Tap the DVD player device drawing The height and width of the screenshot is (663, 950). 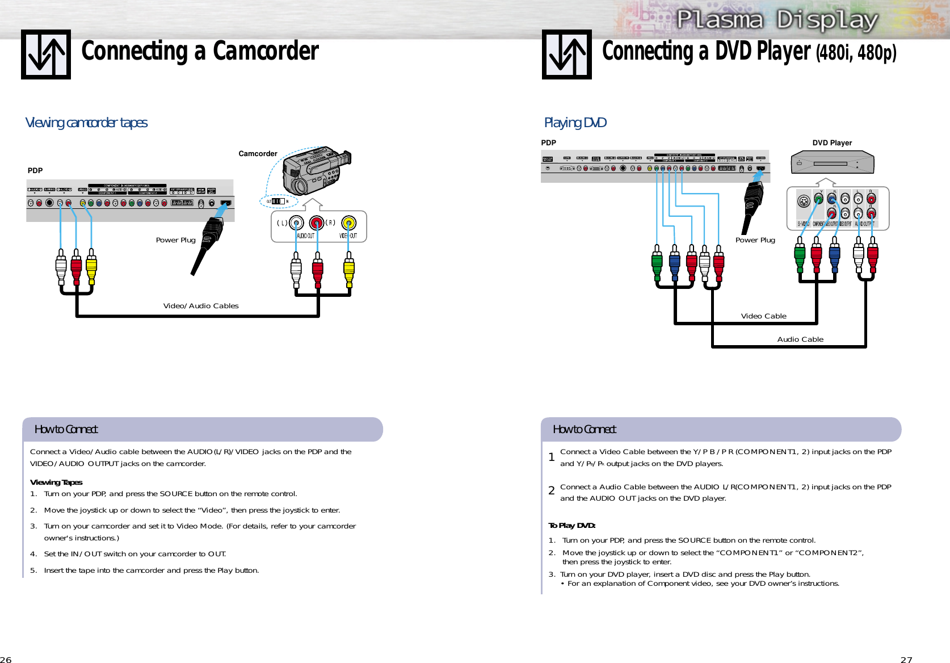(x=833, y=162)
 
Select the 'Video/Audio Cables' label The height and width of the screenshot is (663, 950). (x=201, y=306)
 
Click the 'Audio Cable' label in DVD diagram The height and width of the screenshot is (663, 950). (x=800, y=339)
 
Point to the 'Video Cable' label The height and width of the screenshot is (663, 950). (x=763, y=316)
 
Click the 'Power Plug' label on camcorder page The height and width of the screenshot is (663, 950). (x=175, y=240)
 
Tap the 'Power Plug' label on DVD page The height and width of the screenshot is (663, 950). (x=755, y=240)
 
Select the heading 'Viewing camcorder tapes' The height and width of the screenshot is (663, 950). (x=86, y=123)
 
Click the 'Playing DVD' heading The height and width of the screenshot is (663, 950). (x=575, y=123)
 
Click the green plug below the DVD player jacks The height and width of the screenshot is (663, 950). (x=800, y=258)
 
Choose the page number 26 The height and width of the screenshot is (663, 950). (x=6, y=659)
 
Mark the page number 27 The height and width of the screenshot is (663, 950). (x=906, y=659)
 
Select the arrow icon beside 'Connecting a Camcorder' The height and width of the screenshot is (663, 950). (x=46, y=54)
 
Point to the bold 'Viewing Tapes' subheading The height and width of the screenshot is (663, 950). (x=56, y=482)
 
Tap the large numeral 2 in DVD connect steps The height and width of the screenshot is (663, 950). (x=551, y=491)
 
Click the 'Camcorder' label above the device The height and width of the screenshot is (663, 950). (x=258, y=154)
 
